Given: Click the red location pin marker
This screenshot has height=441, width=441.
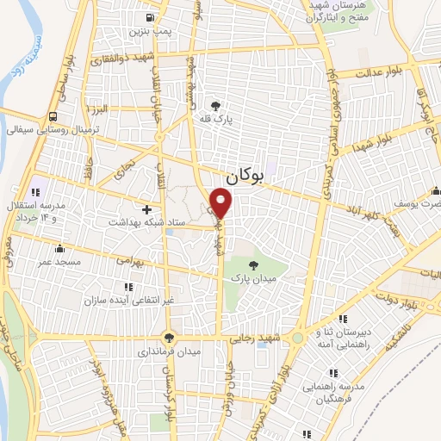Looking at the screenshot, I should [x=222, y=202].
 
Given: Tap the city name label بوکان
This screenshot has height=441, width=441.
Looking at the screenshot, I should [x=242, y=177].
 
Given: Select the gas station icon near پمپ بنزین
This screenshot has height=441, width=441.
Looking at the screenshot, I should [x=151, y=17].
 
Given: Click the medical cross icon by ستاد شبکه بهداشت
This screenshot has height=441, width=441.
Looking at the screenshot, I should [x=146, y=209].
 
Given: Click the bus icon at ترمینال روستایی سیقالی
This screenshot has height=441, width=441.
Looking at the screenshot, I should [x=54, y=116].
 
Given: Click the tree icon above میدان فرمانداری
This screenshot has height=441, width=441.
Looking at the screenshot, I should [x=168, y=339].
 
